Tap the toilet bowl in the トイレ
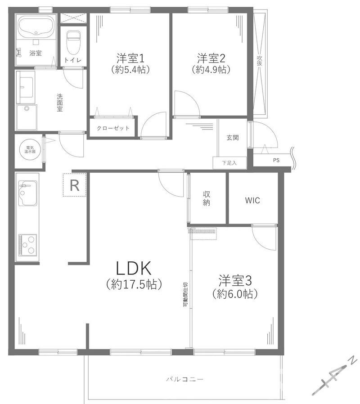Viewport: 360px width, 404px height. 74,42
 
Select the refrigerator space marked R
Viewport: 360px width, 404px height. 74,185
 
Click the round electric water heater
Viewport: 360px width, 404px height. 30,150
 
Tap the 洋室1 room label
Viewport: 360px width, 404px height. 130,58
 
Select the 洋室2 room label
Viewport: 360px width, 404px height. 211,58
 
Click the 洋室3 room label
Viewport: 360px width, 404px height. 235,281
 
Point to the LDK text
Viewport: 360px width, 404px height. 134,268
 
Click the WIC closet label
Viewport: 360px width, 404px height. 252,201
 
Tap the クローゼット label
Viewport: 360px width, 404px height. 113,128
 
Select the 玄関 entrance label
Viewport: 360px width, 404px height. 233,138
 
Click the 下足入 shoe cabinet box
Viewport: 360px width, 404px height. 229,163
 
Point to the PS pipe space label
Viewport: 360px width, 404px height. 276,160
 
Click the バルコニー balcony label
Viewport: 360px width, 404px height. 185,379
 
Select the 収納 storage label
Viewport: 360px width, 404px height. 207,198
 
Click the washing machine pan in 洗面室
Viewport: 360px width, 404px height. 27,117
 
